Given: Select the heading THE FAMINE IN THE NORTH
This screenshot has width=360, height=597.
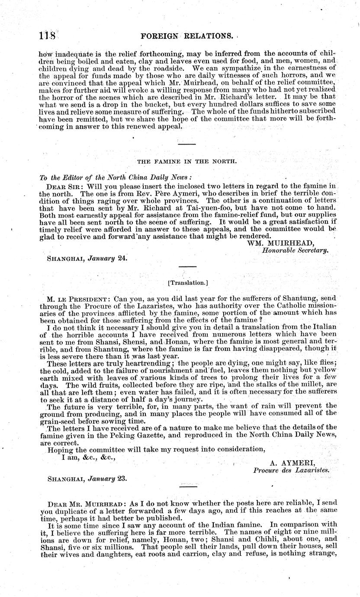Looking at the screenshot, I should [x=187, y=161].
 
